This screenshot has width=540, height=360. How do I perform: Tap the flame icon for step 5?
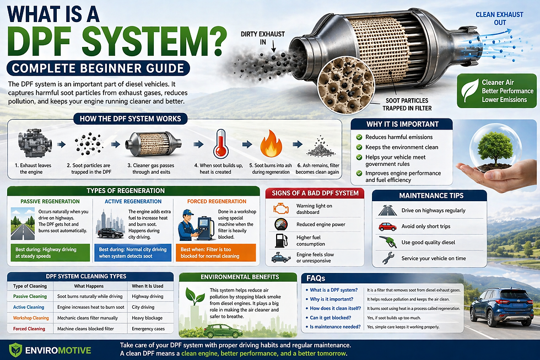point(270,143)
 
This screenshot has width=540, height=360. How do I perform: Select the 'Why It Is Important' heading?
point(402,125)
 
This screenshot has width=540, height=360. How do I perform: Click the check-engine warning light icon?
point(280,209)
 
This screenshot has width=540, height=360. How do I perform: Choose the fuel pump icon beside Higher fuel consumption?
point(280,240)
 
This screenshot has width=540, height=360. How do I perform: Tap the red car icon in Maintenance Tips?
point(387,227)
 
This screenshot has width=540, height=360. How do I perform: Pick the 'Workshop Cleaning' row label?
point(31,318)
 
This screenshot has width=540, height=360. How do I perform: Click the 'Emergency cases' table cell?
point(148,329)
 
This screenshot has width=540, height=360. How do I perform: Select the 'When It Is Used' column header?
point(148,286)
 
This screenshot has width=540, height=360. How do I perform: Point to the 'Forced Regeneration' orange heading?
point(217,202)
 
